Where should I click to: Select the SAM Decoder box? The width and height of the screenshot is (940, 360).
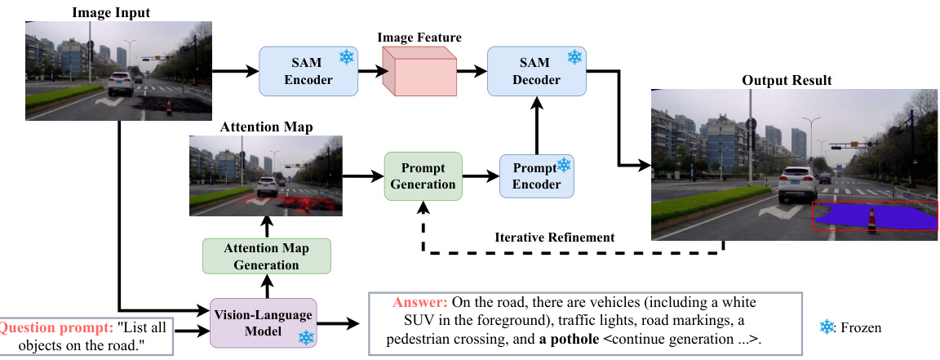536,69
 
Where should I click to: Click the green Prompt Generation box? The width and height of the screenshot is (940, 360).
423,175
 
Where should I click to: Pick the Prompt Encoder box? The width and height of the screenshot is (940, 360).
536,175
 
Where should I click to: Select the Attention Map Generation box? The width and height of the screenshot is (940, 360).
268,256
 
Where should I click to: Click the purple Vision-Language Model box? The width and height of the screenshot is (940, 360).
264,322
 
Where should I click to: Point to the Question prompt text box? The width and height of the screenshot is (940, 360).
86,335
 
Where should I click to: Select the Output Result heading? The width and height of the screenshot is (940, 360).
787,80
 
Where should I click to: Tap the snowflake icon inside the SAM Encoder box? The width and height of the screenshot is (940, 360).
347,58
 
